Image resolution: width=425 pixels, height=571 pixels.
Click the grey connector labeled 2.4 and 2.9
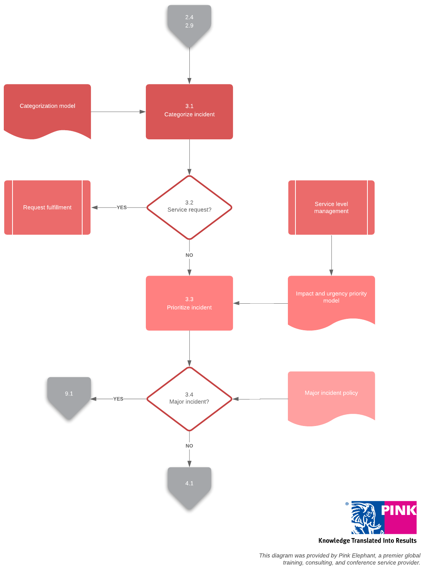189,23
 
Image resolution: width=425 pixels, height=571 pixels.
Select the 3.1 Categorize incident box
189,111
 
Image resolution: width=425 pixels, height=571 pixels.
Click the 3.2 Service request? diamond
189,207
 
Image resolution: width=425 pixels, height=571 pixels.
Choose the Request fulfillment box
47,207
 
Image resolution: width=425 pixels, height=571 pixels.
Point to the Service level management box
331,207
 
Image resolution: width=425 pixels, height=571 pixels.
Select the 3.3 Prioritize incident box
189,303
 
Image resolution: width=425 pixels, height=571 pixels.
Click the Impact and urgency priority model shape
331,301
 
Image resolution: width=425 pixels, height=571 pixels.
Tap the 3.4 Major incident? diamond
189,399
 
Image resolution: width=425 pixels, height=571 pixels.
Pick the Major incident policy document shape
331,396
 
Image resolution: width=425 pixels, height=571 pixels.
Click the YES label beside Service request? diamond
122,207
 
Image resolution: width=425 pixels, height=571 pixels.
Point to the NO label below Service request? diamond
189,255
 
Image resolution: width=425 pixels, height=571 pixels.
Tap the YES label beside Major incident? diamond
118,399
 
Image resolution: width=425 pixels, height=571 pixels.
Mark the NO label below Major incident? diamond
189,446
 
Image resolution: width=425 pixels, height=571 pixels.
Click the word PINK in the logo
398,510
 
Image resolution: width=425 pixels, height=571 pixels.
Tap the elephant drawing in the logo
366,518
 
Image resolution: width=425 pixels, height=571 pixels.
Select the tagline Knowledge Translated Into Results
367,541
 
